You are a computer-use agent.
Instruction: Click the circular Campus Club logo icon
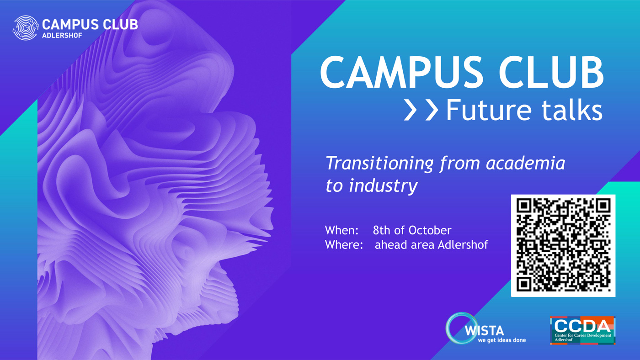(x=26, y=28)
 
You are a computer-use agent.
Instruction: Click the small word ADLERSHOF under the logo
(x=62, y=36)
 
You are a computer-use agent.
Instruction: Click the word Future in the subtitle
(x=489, y=110)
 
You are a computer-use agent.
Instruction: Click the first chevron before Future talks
(x=411, y=110)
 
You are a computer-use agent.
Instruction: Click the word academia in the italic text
(x=526, y=163)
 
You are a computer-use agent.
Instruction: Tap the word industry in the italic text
(x=383, y=186)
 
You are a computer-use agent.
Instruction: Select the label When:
(x=342, y=230)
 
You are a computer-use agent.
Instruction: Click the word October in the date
(x=430, y=230)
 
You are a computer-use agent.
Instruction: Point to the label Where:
(x=344, y=245)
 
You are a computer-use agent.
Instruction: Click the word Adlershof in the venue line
(x=463, y=245)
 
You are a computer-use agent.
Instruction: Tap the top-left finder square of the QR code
(x=524, y=206)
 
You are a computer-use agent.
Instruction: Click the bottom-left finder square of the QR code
(x=524, y=284)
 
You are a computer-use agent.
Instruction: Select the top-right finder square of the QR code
(x=603, y=206)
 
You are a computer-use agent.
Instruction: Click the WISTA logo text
(x=484, y=331)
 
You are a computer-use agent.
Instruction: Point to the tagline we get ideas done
(x=502, y=340)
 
